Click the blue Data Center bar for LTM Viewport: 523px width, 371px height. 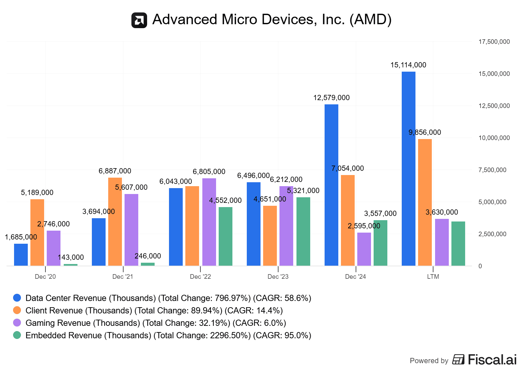click(x=408, y=168)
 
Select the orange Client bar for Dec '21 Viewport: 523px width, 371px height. click(x=115, y=221)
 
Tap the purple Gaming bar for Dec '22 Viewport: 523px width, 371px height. click(x=209, y=222)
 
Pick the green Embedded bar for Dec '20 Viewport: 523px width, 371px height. click(x=71, y=264)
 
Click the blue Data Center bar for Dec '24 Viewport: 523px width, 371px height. click(x=331, y=185)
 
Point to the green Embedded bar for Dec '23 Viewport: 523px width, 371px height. click(x=303, y=231)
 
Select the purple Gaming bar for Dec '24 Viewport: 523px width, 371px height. click(x=364, y=249)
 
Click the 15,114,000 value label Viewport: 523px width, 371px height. click(x=408, y=65)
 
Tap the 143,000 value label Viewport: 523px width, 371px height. click(x=71, y=257)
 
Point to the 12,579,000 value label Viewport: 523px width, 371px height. click(x=331, y=98)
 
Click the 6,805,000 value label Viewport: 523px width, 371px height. click(x=209, y=172)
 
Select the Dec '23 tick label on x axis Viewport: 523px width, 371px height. click(x=278, y=277)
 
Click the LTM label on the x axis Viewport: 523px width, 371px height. click(x=433, y=277)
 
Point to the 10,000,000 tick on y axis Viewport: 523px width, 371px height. click(x=494, y=138)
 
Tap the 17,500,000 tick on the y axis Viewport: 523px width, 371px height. click(x=494, y=42)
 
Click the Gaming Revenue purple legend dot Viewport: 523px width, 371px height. click(x=17, y=323)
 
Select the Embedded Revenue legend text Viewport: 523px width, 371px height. click(x=168, y=336)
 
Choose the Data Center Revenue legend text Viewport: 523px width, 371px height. click(x=168, y=298)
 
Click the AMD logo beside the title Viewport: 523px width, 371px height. click(x=139, y=20)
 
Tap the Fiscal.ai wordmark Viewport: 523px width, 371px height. click(x=492, y=360)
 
